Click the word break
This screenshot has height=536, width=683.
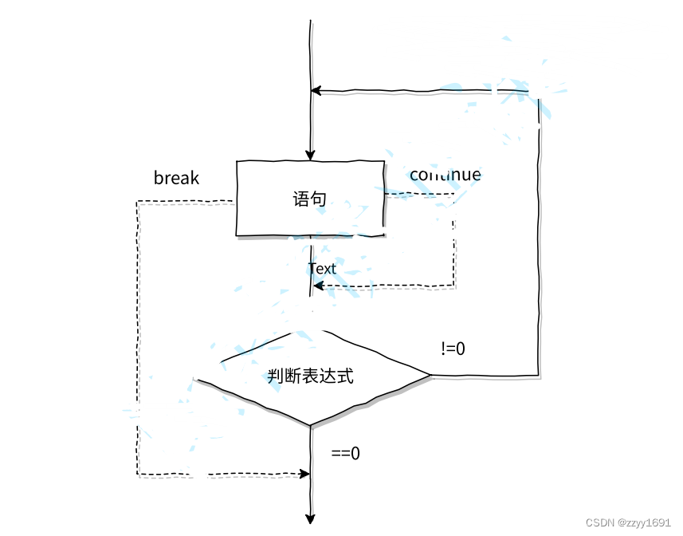pyautogui.click(x=176, y=178)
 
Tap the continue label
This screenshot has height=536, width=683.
pyautogui.click(x=445, y=175)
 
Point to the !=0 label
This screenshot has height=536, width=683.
pyautogui.click(x=452, y=349)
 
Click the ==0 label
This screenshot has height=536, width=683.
pyautogui.click(x=345, y=453)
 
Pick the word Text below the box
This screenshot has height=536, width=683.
pyautogui.click(x=323, y=269)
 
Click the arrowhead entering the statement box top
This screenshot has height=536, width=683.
pyautogui.click(x=310, y=156)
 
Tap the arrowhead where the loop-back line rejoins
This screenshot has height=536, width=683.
pyautogui.click(x=316, y=90)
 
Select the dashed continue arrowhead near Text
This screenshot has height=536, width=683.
pyautogui.click(x=317, y=286)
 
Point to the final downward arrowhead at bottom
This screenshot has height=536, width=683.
pyautogui.click(x=310, y=519)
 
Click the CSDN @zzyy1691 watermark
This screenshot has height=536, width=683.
pyautogui.click(x=627, y=522)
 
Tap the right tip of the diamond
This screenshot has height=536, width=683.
pyautogui.click(x=429, y=375)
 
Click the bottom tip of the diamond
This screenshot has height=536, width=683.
pyautogui.click(x=310, y=424)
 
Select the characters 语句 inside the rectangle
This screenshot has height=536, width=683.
pyautogui.click(x=309, y=199)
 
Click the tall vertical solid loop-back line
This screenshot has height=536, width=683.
pyautogui.click(x=540, y=239)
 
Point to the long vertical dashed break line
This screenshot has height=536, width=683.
pyautogui.click(x=138, y=335)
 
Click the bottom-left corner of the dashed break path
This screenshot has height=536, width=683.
pyautogui.click(x=139, y=475)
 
